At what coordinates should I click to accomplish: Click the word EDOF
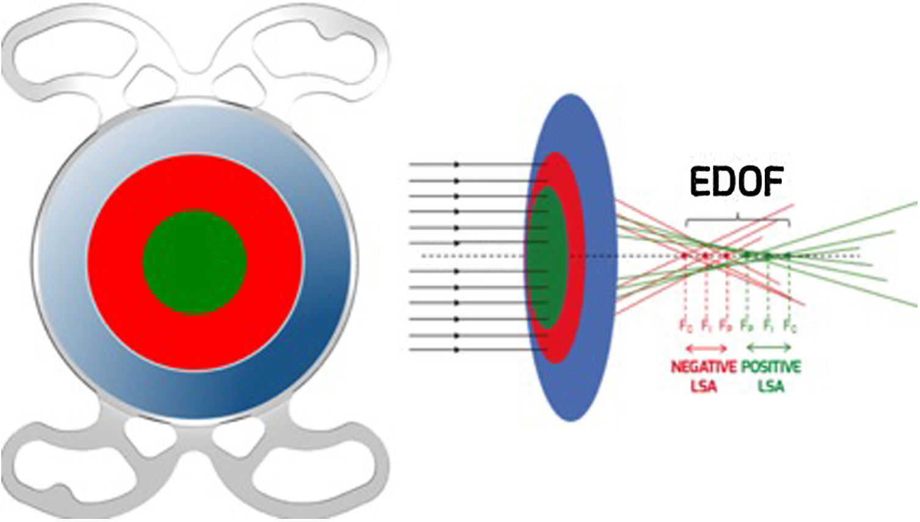(x=737, y=181)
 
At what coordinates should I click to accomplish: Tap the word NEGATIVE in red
(x=704, y=367)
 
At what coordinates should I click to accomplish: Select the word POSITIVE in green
(x=771, y=367)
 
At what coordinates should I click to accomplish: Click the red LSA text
(x=703, y=386)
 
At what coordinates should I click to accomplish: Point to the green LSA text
(x=771, y=386)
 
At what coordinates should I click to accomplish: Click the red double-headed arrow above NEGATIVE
(x=707, y=348)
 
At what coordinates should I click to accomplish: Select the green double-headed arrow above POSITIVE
(x=769, y=348)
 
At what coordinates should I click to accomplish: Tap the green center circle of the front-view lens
(x=195, y=262)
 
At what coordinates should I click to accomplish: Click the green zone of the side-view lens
(x=546, y=257)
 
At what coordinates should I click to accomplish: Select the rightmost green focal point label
(x=790, y=325)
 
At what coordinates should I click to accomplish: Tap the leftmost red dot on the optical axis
(x=685, y=255)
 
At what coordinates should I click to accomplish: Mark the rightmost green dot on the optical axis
(x=788, y=255)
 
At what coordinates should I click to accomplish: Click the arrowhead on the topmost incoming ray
(x=456, y=165)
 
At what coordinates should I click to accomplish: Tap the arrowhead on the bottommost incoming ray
(x=456, y=350)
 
